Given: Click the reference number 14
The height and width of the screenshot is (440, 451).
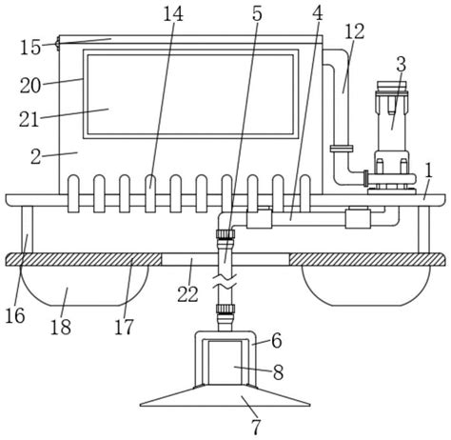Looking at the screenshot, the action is click(x=173, y=14).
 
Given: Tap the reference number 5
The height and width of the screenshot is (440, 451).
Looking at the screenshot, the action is click(x=257, y=14).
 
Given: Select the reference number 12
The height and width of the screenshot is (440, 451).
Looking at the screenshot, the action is click(x=355, y=31).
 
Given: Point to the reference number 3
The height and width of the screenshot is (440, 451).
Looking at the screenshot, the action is click(x=402, y=65).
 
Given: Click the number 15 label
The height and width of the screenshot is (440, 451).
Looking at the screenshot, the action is click(x=30, y=48).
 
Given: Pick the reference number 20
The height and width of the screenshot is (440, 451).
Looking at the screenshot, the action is click(x=30, y=86).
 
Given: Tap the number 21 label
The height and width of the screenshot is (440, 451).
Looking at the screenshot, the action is click(x=29, y=119).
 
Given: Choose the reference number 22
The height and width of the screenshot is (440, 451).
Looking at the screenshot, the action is click(x=187, y=294).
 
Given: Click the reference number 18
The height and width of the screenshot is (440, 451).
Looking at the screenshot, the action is click(x=61, y=327).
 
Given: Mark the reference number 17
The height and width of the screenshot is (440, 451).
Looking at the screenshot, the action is click(x=124, y=327).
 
